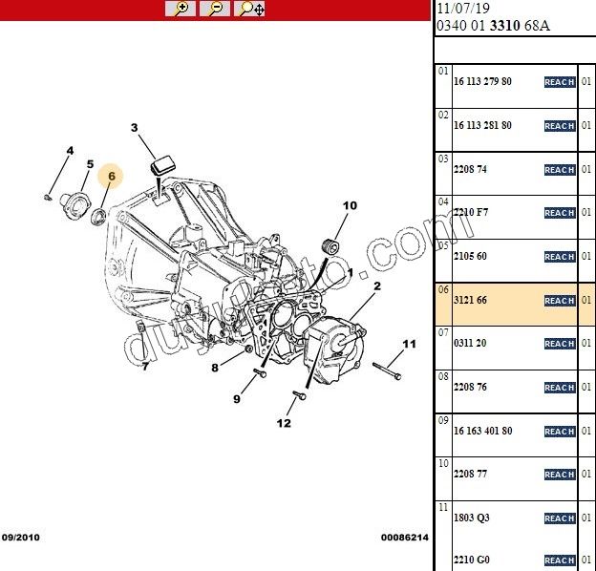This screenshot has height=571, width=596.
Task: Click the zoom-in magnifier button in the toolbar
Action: click(181, 9)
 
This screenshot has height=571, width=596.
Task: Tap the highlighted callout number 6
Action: click(111, 176)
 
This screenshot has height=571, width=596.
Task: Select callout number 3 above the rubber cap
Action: click(135, 128)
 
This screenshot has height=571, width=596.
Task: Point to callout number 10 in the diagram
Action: click(350, 205)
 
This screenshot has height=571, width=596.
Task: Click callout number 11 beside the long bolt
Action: click(409, 344)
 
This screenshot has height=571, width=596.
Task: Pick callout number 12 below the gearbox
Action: click(284, 423)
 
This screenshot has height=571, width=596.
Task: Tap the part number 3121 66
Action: click(470, 301)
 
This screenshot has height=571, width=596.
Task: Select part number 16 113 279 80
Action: click(482, 82)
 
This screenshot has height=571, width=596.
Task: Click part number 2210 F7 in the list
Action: click(470, 213)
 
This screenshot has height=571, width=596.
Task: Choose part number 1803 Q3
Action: click(471, 518)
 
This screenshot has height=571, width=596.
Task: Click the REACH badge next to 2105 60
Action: click(560, 257)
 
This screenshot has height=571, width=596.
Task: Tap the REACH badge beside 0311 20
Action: click(560, 344)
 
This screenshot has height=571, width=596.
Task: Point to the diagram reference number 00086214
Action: click(406, 539)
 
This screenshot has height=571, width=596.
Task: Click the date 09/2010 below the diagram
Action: click(22, 539)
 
